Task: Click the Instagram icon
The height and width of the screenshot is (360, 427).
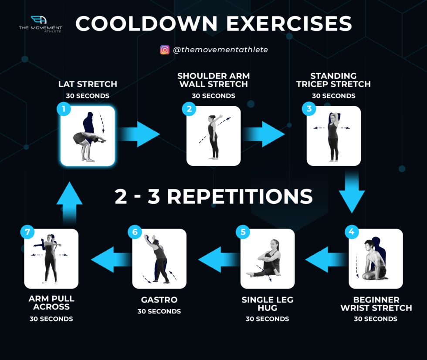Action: point(165,50)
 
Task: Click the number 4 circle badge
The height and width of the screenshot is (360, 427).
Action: point(352,232)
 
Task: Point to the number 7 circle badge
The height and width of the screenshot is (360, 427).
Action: point(27,232)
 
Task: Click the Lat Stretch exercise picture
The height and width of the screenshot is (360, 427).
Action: point(88,136)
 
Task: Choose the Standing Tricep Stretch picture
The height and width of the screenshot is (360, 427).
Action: point(333,136)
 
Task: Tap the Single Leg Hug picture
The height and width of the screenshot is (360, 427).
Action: point(268,259)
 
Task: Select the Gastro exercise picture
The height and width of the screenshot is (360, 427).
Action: point(159,259)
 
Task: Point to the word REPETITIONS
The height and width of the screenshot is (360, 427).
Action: point(240,196)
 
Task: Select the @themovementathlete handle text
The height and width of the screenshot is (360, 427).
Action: point(220,50)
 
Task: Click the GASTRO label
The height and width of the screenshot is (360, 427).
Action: point(159,300)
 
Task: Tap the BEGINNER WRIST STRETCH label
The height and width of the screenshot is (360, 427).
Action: point(376,304)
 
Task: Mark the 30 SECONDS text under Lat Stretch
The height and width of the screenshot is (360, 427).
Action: point(88,96)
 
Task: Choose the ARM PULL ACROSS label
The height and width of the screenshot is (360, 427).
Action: point(51,303)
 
